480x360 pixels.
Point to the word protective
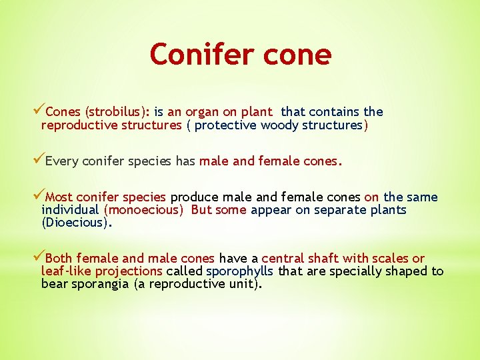coord(226,125)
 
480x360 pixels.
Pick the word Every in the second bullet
coord(61,161)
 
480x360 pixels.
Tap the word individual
coord(71,209)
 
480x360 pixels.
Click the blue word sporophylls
coord(240,271)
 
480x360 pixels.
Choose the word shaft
coord(322,258)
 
